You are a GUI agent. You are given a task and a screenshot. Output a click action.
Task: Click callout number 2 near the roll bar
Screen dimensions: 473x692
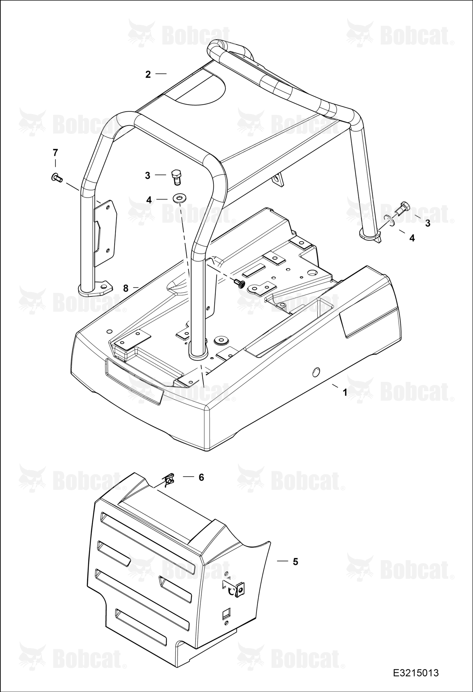click(148, 74)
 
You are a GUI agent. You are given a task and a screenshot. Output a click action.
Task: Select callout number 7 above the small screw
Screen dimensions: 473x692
click(55, 153)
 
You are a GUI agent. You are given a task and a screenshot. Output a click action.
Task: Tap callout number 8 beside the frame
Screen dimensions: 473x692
click(126, 288)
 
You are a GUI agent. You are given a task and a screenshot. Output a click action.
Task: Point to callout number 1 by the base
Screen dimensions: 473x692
click(345, 393)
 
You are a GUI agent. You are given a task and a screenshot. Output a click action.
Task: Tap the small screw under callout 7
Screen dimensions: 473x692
click(57, 178)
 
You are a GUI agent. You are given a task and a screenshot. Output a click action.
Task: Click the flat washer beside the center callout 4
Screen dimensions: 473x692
click(179, 198)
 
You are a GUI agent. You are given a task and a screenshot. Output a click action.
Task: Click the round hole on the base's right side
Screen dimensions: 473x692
click(316, 372)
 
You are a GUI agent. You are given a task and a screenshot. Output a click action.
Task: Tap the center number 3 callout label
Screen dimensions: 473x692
click(147, 176)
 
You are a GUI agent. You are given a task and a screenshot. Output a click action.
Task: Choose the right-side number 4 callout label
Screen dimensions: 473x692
click(412, 238)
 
